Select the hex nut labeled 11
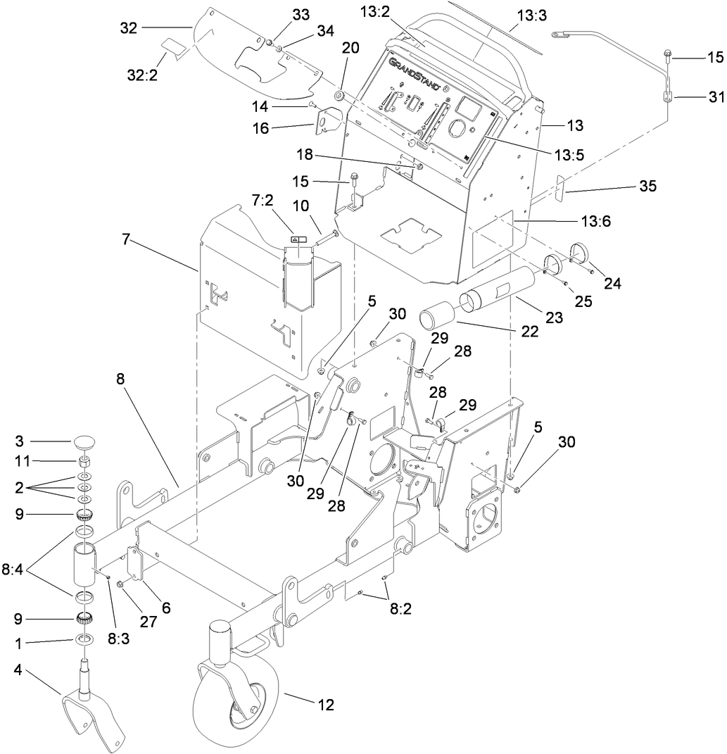click(x=85, y=463)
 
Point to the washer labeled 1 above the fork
click(x=84, y=640)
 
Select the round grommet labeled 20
click(x=339, y=95)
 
